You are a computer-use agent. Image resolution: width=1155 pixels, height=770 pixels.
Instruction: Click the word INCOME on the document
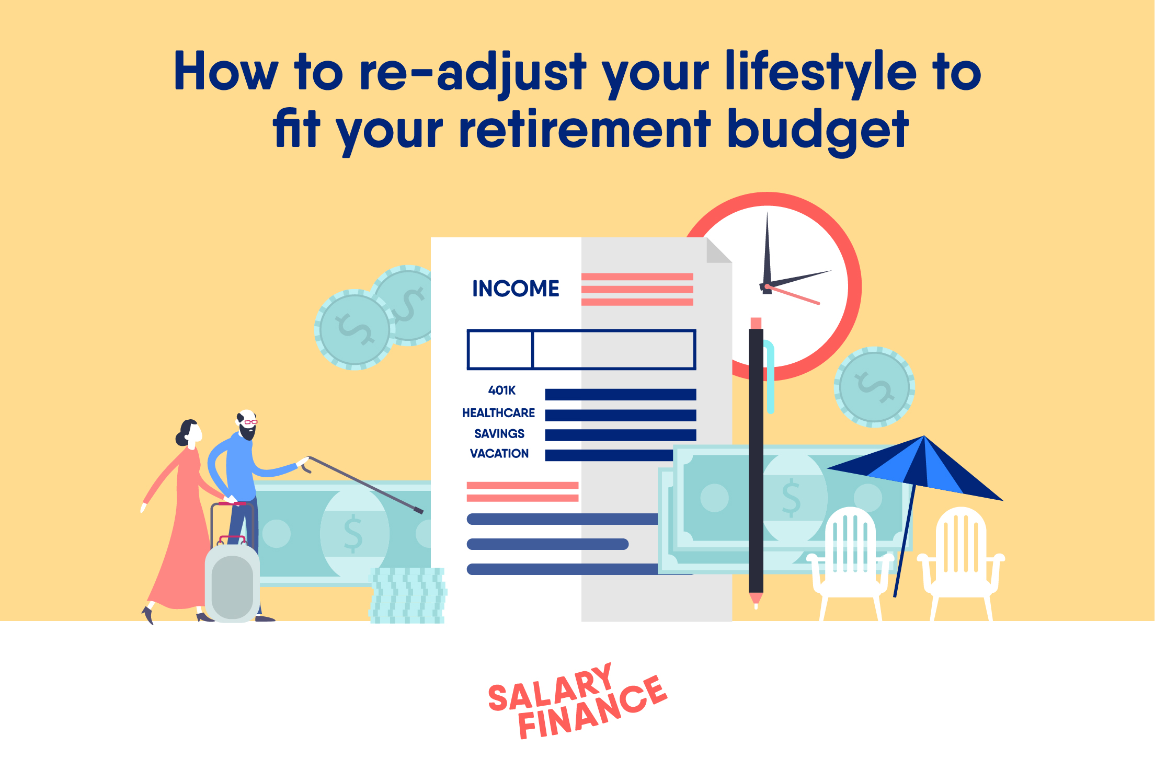pos(516,289)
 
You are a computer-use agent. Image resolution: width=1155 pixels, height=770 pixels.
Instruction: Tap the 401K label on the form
pos(502,390)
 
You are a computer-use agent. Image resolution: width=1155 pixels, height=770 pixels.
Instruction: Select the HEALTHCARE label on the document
pos(498,413)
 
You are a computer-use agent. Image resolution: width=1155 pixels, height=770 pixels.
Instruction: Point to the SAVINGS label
pos(499,434)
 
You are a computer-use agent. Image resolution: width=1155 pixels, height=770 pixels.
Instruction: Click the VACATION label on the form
pos(499,454)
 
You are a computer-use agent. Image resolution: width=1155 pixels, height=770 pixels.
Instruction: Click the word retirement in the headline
pos(584,130)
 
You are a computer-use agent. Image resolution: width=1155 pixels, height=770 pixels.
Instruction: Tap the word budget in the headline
pos(818,131)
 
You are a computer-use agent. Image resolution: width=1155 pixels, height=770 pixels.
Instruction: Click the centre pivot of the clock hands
pos(767,286)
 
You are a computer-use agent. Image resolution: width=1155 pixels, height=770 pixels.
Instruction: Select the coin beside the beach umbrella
pos(874,387)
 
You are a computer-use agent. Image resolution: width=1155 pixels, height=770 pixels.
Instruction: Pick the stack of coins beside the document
pos(407,595)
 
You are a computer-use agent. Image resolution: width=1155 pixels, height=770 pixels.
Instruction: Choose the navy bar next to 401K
pos(620,395)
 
